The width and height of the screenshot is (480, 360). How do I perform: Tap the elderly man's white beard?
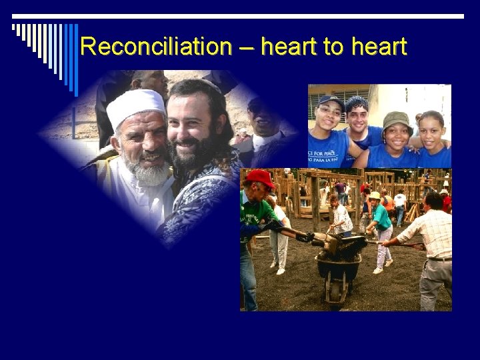click(148, 173)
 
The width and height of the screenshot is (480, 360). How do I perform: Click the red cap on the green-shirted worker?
click(261, 177)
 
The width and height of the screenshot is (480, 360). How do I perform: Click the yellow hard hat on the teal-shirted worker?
click(375, 195)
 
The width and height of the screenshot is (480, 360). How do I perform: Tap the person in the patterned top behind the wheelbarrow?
click(341, 217)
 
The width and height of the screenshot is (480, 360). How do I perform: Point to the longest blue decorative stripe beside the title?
click(75, 59)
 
